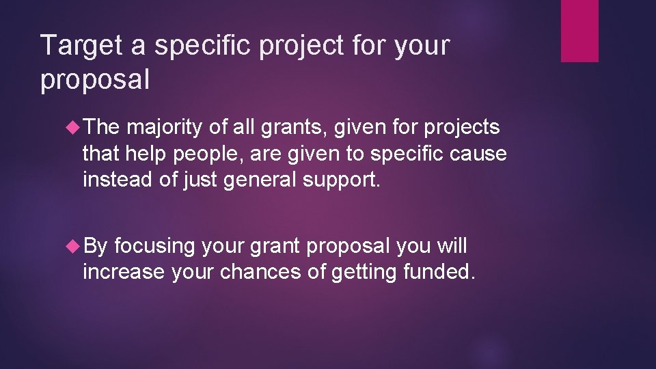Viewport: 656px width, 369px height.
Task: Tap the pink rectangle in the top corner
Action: tap(579, 31)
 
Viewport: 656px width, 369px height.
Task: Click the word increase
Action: tap(124, 272)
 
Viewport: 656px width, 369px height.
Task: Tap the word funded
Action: tap(438, 272)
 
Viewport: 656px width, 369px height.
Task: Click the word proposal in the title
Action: tap(95, 81)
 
